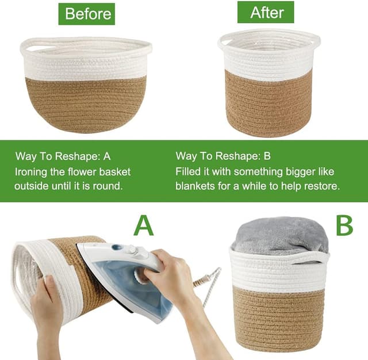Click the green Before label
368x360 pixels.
(x=87, y=14)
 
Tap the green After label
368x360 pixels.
(x=266, y=12)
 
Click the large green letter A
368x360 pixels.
(x=144, y=225)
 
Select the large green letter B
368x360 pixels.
(x=344, y=225)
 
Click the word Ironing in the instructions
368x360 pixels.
(x=31, y=172)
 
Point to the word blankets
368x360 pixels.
(x=195, y=186)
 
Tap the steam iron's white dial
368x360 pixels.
(x=132, y=250)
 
